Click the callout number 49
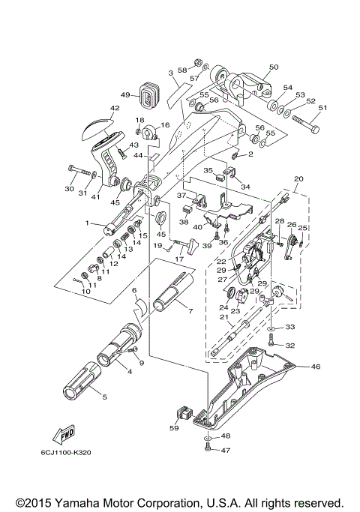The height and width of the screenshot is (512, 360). click(125, 95)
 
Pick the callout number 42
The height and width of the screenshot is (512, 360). click(115, 109)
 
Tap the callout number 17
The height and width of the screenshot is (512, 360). click(178, 259)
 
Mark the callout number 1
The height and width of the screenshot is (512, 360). click(88, 223)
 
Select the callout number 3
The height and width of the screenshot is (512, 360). click(171, 73)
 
